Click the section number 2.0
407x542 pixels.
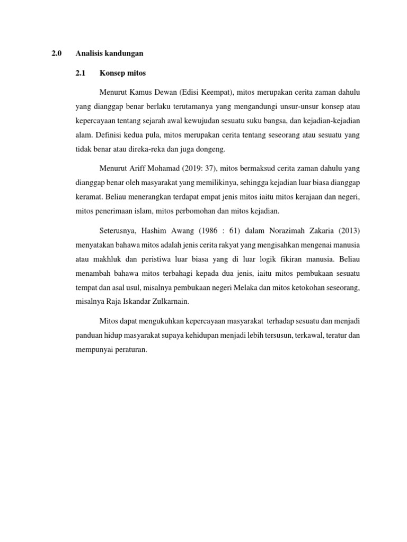(x=57, y=53)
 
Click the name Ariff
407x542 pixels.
(x=141, y=169)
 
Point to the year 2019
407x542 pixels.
(x=192, y=169)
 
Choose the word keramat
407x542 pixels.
(x=88, y=197)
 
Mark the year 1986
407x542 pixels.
(x=215, y=230)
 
